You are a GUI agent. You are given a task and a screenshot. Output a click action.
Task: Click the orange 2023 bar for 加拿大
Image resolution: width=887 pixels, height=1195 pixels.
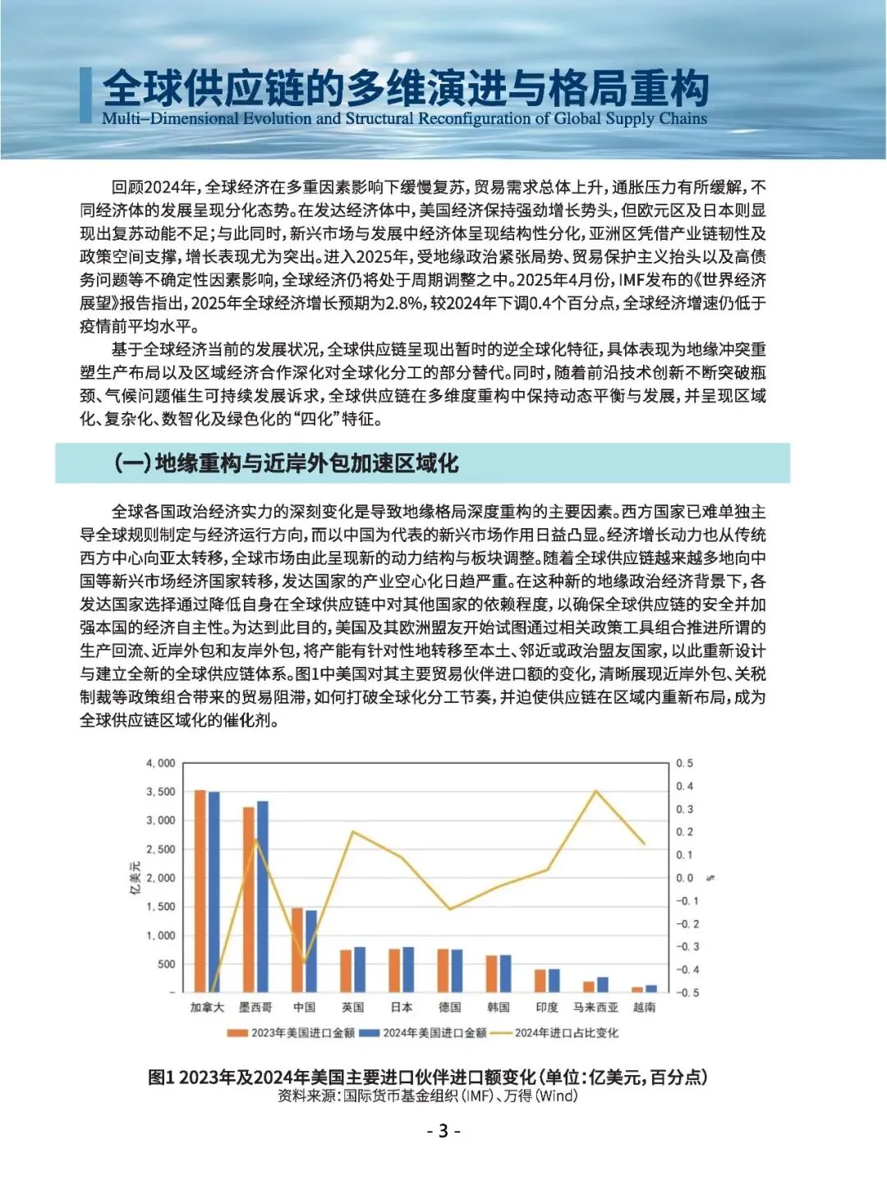tap(200, 891)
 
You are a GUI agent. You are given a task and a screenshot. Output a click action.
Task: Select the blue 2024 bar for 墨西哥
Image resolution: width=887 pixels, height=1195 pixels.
tap(263, 896)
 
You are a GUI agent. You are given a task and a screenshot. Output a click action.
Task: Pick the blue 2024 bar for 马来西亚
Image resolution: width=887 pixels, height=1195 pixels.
tap(602, 985)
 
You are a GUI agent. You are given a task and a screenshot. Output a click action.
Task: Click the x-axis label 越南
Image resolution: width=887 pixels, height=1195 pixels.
tap(644, 1007)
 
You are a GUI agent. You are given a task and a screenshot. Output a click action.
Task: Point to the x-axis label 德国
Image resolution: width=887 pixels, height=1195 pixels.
tap(449, 1007)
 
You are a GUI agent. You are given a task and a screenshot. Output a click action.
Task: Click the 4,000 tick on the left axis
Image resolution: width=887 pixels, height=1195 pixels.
tap(160, 763)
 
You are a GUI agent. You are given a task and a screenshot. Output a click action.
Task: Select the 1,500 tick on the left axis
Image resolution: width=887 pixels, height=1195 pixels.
tap(160, 907)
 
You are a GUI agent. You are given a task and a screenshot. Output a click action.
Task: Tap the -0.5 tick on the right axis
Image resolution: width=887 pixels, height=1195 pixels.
tap(687, 993)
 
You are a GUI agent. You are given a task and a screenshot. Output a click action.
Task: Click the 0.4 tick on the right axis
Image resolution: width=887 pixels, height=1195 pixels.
tap(684, 786)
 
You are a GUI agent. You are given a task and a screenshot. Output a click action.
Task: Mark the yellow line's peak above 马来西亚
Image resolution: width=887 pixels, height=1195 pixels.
tap(595, 791)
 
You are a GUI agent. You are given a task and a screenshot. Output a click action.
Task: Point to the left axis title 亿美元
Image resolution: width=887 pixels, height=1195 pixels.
tap(136, 877)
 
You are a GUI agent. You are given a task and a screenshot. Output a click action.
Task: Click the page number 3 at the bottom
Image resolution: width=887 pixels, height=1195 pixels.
tap(443, 1131)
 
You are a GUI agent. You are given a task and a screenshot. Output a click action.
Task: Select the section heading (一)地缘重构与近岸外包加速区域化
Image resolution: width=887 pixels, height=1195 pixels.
tap(286, 463)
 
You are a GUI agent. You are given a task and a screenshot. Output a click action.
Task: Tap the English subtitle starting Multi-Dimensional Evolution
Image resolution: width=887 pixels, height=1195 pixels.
tap(404, 118)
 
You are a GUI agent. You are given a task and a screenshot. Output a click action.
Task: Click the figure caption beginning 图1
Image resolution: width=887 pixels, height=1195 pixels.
tap(427, 1077)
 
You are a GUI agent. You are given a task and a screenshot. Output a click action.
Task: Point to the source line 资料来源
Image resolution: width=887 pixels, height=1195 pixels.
tap(427, 1096)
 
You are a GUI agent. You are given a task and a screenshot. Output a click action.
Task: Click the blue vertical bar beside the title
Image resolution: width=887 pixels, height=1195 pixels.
tap(85, 95)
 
